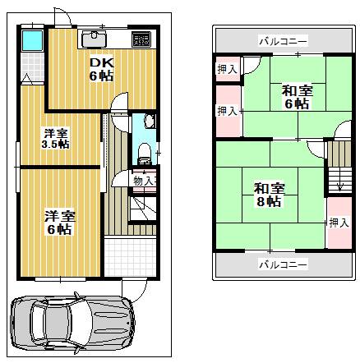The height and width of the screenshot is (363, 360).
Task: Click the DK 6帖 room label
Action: coord(101,70)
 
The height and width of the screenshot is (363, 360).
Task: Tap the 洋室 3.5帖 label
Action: coord(55,139)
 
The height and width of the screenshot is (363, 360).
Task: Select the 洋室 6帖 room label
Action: coord(60,223)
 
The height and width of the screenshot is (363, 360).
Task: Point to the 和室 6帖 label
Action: coord(297,97)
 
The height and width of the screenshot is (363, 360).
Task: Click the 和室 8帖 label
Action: coord(269,195)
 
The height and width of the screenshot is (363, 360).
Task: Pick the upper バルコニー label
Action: coord(284,42)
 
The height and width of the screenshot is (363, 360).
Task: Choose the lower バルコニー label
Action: coord(284,264)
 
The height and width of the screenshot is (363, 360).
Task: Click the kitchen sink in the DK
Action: coord(95,39)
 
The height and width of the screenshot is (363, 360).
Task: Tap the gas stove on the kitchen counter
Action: coord(141,39)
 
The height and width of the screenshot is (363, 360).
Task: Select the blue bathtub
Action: coord(33,40)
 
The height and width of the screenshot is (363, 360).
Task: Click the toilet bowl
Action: coord(144,154)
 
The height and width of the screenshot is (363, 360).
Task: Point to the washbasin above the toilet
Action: coord(150,121)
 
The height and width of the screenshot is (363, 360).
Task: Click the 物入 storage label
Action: coord(144,181)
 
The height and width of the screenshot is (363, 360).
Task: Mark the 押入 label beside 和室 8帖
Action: coord(339,223)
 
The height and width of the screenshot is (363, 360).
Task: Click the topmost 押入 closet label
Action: coord(227,69)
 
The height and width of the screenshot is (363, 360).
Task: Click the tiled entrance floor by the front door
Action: coord(130,257)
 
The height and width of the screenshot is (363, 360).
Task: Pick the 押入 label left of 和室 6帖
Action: coord(227,112)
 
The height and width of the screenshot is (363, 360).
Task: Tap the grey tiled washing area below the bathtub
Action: coord(33,67)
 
